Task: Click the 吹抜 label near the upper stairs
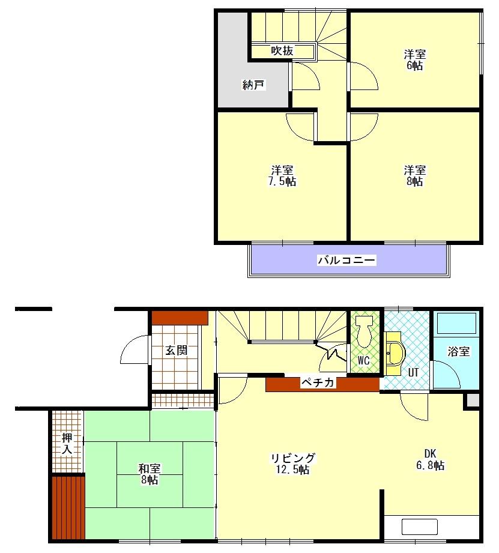coord(282,52)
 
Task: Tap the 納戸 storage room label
coord(253,85)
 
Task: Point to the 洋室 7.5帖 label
coord(282,176)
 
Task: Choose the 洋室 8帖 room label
coord(414,176)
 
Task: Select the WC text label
coord(363,360)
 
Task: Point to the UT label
coord(413,372)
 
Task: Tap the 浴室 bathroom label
coord(458,352)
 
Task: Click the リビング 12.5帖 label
coord(292,464)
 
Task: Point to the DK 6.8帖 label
coord(430,459)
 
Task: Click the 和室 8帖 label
coord(149,474)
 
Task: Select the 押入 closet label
coord(67,443)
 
